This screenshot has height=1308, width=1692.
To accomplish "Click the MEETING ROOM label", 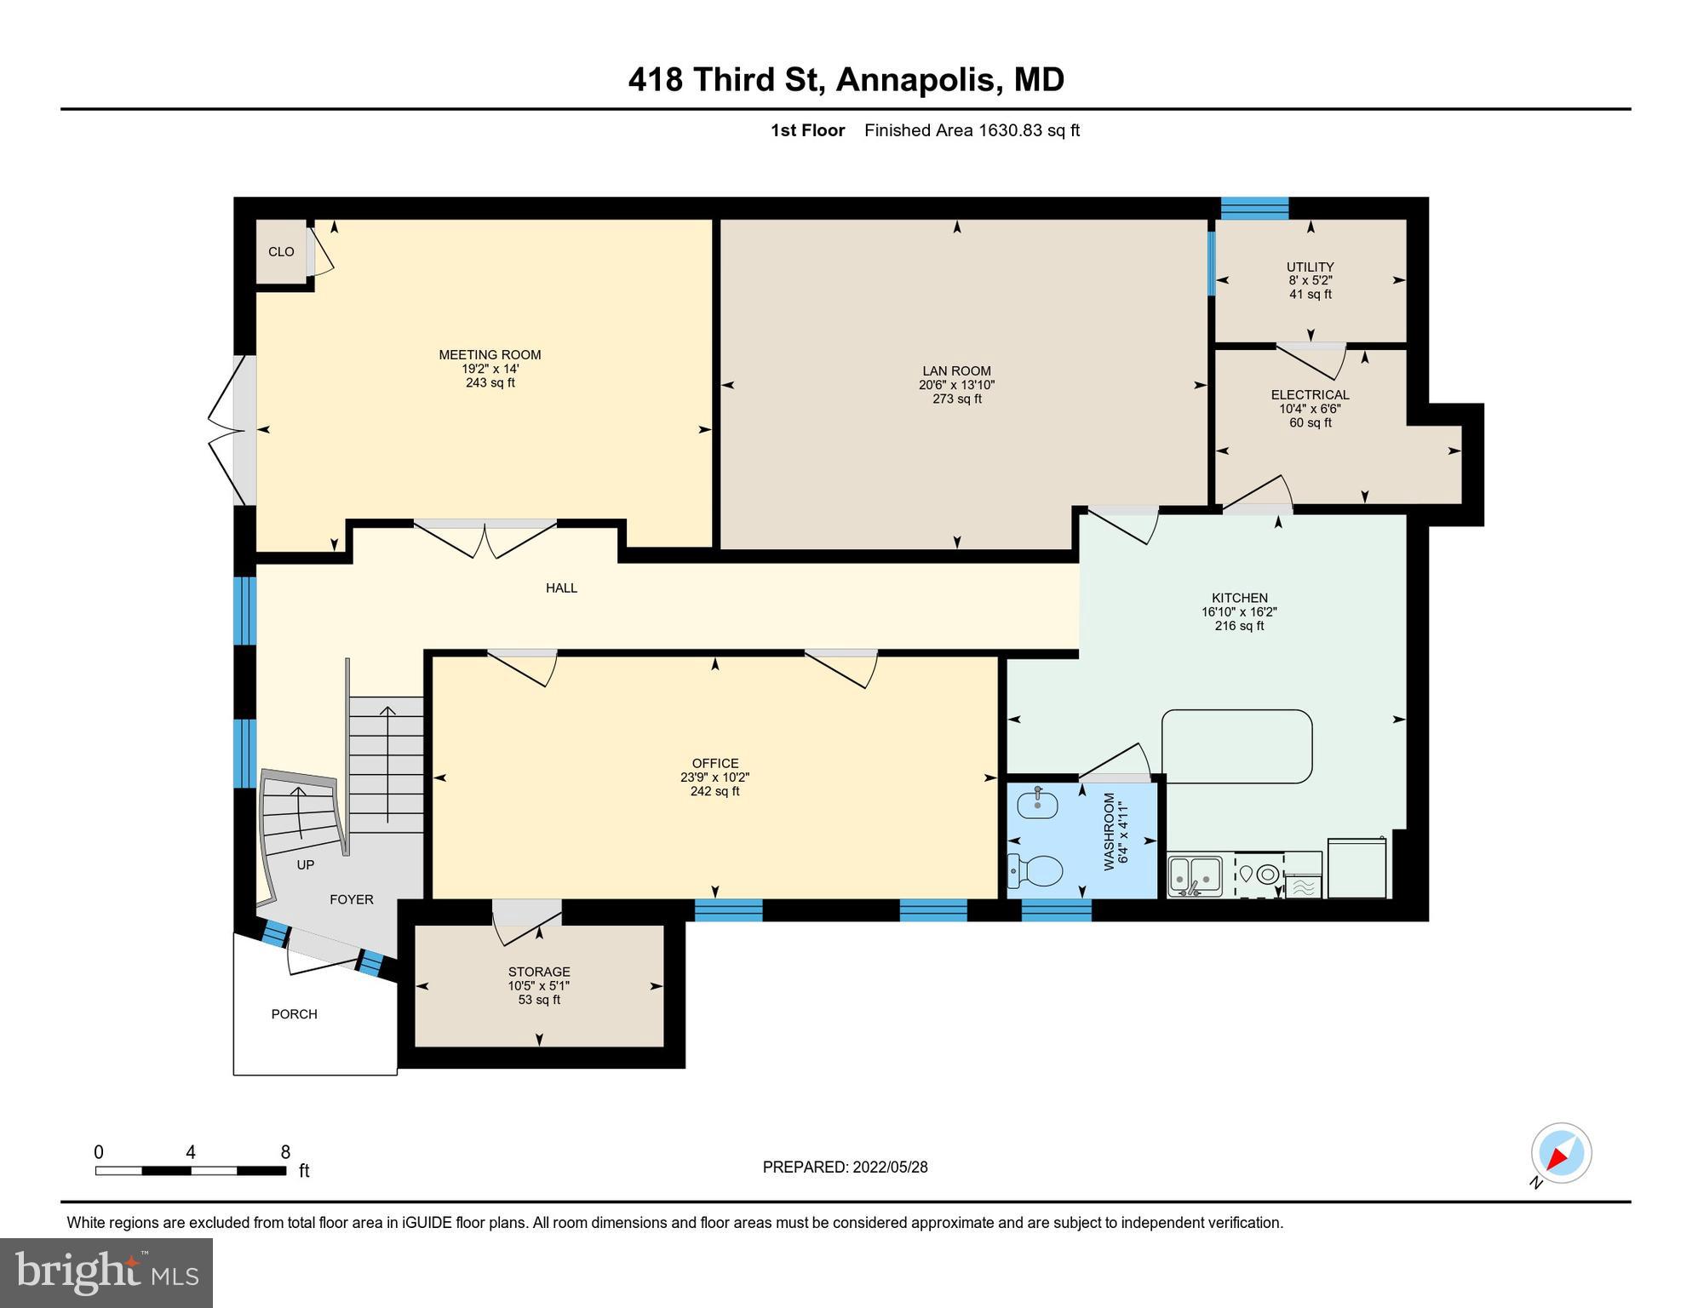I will (490, 354).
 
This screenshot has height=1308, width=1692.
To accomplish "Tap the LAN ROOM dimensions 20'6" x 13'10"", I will (956, 385).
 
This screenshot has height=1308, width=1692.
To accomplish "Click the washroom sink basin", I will (1038, 803).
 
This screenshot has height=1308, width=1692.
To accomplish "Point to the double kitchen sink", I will (1195, 875).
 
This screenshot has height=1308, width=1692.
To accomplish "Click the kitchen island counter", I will (1236, 746).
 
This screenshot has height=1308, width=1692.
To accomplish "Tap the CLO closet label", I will (281, 251).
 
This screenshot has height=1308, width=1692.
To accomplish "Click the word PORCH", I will (294, 1013).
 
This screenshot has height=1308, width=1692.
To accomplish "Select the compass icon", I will (1561, 1153).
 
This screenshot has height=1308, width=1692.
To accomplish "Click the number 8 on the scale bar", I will (285, 1152).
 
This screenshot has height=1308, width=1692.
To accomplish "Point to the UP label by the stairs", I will (305, 864).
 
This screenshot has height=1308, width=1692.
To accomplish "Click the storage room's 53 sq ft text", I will (539, 1000).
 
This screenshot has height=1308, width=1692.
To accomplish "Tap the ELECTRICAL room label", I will (1310, 394).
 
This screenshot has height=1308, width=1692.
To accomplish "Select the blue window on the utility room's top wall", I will (1254, 208).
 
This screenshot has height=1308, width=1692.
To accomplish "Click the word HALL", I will (561, 588).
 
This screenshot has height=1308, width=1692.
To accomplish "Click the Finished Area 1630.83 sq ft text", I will (972, 130).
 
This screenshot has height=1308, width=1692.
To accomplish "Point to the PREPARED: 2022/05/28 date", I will (845, 1167).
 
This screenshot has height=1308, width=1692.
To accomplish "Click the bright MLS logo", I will (106, 1272).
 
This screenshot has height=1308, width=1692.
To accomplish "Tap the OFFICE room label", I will (714, 763).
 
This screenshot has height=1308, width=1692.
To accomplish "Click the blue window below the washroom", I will (1056, 910).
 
